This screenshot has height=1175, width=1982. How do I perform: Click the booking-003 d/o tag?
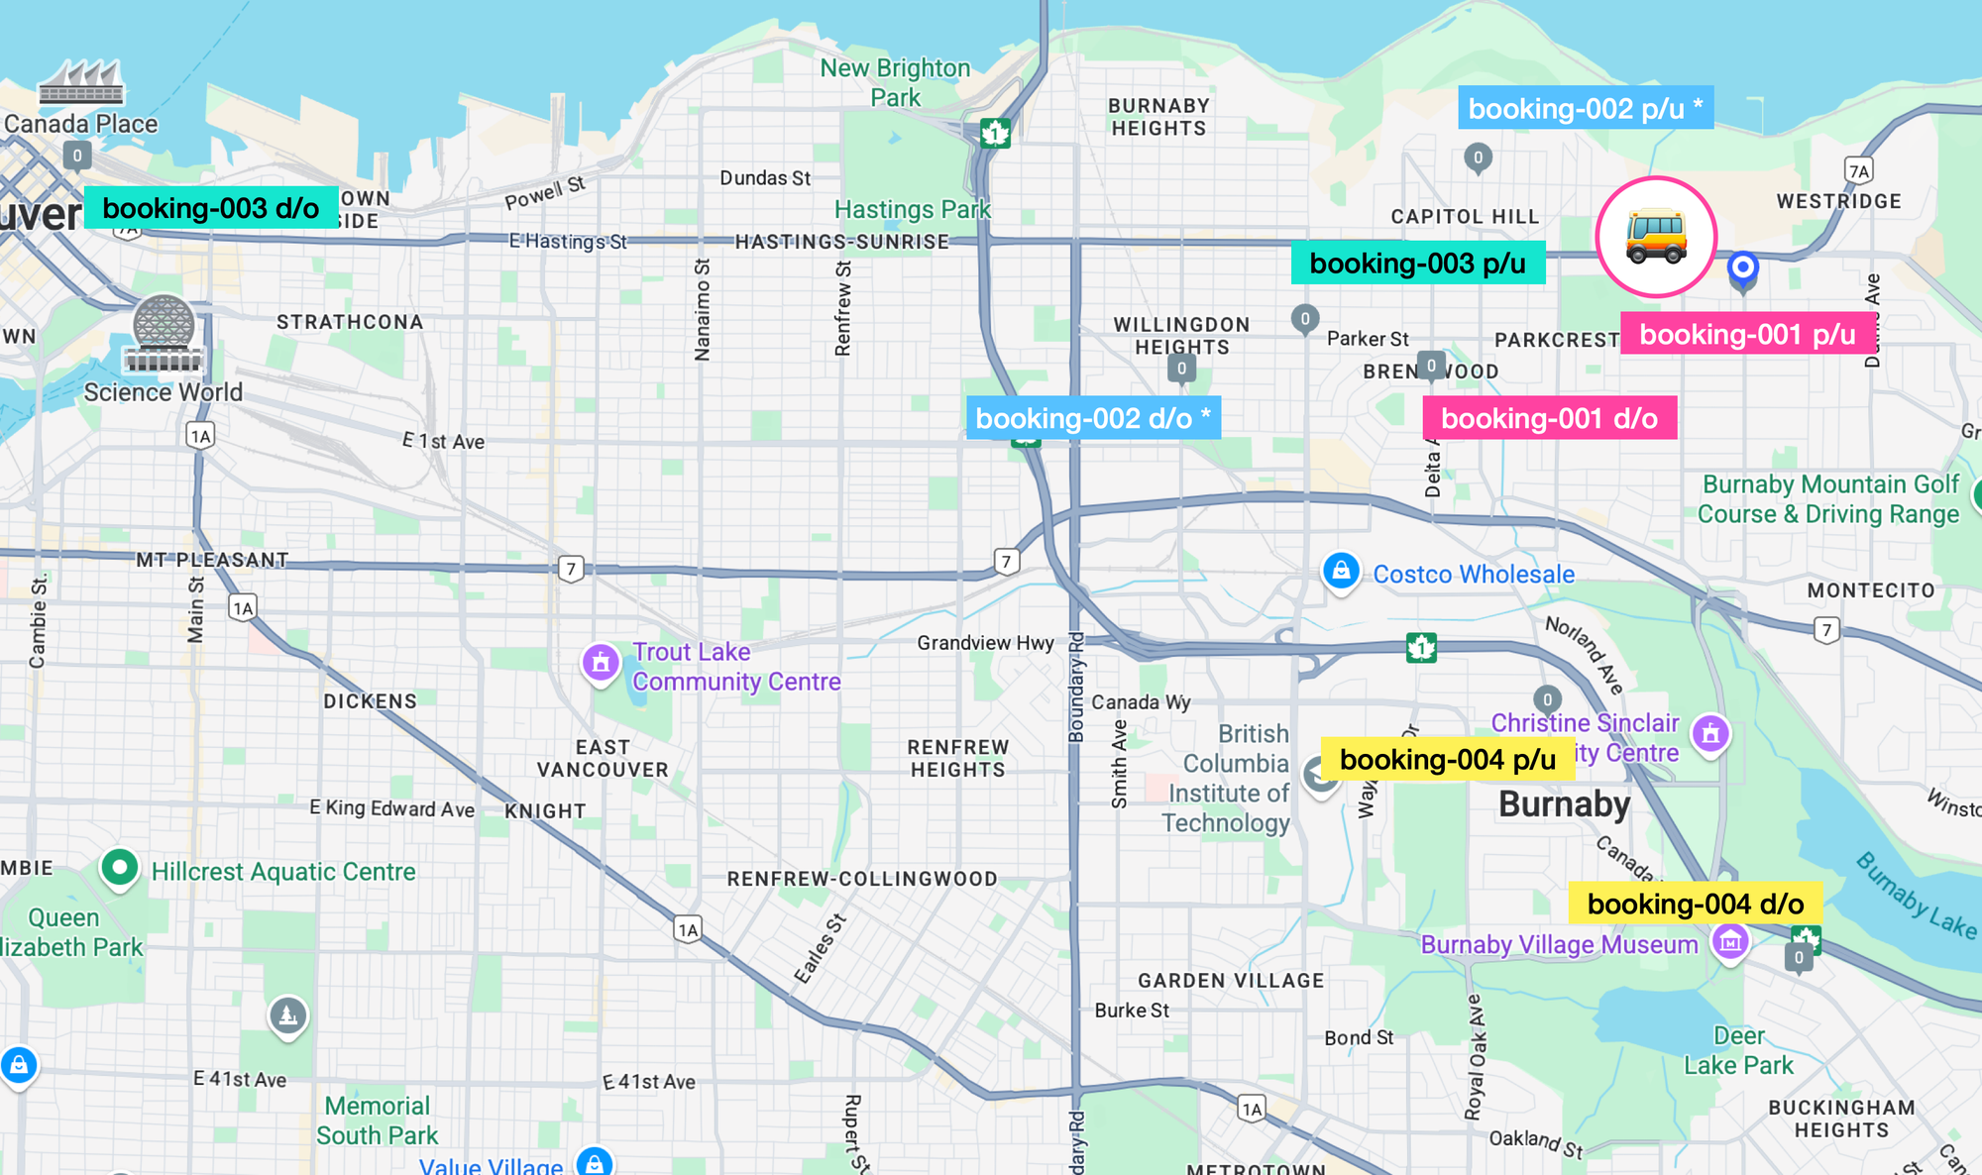(x=210, y=208)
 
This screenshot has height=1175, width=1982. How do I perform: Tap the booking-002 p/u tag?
(x=1585, y=108)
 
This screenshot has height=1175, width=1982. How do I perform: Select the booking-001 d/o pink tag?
(x=1549, y=418)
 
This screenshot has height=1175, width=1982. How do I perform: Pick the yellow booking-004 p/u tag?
(x=1447, y=760)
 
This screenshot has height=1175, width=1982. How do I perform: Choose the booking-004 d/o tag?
(x=1695, y=904)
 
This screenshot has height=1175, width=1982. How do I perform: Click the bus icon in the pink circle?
(x=1655, y=238)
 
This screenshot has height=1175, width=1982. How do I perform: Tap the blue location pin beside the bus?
(x=1742, y=268)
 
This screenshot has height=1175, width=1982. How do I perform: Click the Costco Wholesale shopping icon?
(x=1341, y=572)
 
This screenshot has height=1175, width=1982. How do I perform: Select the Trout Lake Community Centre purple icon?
(x=601, y=663)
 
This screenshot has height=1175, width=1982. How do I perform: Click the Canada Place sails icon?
(x=81, y=82)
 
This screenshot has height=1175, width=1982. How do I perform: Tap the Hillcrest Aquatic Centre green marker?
(x=120, y=868)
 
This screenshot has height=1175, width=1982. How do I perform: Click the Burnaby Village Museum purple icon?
(x=1730, y=942)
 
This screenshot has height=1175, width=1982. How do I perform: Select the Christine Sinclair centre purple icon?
(x=1710, y=734)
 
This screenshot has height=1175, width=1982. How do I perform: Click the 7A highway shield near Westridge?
(x=1859, y=171)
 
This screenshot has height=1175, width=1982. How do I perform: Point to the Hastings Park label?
(x=912, y=210)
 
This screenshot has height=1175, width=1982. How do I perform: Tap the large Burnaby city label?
(x=1564, y=804)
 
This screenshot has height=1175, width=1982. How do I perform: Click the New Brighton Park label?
(x=895, y=82)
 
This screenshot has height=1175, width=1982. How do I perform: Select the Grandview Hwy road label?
(x=985, y=643)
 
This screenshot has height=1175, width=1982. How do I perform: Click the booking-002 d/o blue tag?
(x=1093, y=418)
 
